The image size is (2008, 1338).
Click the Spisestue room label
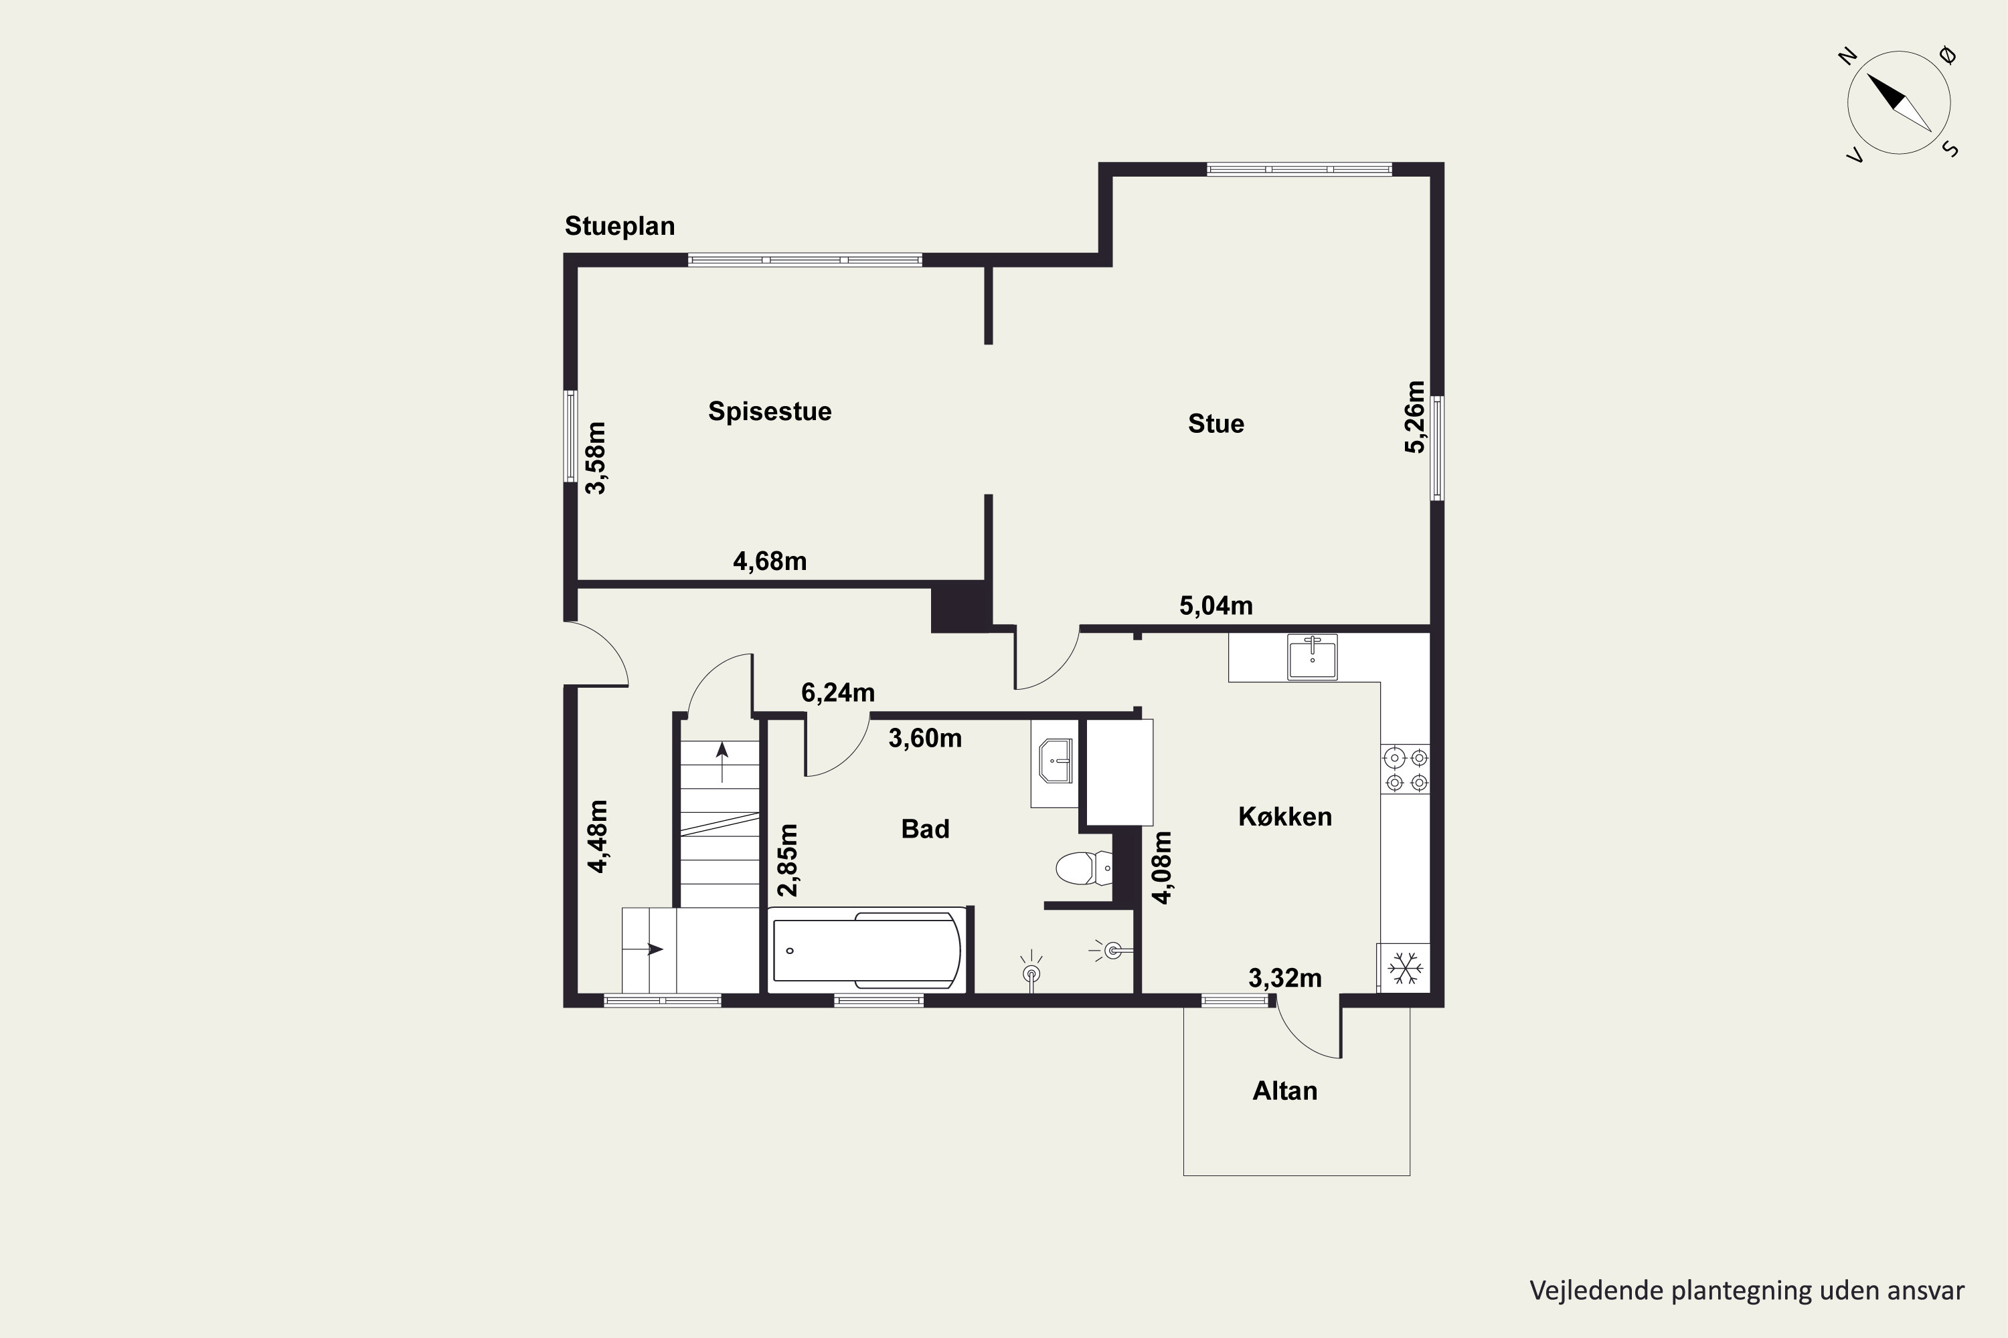[x=769, y=411]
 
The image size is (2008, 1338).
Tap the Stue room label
[x=1216, y=424]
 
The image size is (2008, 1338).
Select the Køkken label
[x=1285, y=817]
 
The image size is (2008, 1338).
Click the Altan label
[x=1285, y=1091]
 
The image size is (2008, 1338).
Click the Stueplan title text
[x=620, y=226]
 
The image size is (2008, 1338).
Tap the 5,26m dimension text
[x=1415, y=417]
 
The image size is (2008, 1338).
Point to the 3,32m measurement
[x=1285, y=978]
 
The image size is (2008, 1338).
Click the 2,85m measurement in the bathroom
[x=788, y=860]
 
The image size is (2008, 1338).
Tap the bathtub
[x=867, y=950]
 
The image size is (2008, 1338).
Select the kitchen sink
[x=1312, y=656]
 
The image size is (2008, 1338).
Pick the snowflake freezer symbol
[x=1404, y=967]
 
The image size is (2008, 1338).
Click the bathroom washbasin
[x=1056, y=761]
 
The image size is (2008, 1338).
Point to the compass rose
[x=1899, y=102]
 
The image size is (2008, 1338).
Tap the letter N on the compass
[x=1848, y=57]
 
